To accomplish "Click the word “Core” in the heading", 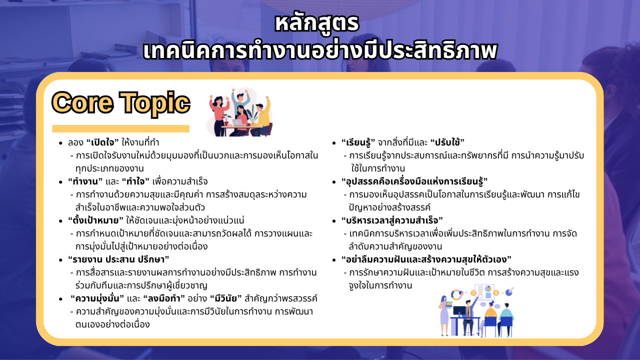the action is click(x=82, y=103).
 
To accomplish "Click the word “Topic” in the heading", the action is click(x=154, y=103).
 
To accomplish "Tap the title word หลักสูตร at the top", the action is click(x=317, y=24).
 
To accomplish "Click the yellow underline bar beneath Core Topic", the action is click(x=120, y=128).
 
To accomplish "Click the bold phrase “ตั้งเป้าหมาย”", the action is click(x=95, y=220).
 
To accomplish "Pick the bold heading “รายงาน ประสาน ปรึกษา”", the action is click(x=118, y=259).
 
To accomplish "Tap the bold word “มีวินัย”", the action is click(x=225, y=298).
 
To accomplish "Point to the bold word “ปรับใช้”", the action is click(x=447, y=142).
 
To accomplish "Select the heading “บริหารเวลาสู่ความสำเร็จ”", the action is click(x=392, y=220).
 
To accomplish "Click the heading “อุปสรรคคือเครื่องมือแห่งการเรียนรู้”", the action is click(x=414, y=181).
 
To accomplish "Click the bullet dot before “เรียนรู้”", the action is click(x=334, y=143).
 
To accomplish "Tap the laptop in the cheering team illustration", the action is click(x=237, y=122).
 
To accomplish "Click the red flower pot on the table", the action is click(x=226, y=123).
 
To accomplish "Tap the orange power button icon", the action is click(x=473, y=293).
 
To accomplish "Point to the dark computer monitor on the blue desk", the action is click(x=459, y=311).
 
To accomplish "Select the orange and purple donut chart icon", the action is click(x=456, y=294).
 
